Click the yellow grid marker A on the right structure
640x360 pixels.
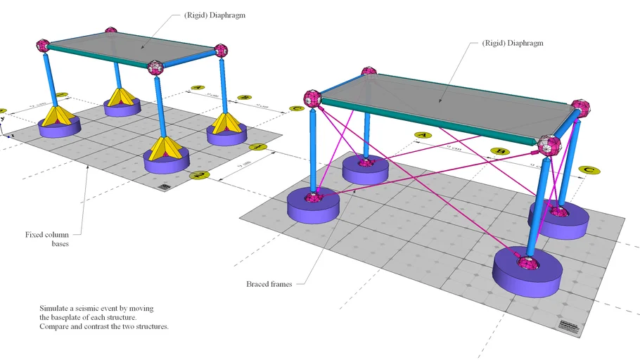click(x=422, y=134)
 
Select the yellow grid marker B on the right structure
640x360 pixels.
click(x=501, y=151)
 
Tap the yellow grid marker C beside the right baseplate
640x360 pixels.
click(x=588, y=169)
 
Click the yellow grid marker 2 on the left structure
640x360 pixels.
click(x=201, y=174)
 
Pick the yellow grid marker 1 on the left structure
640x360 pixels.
click(x=258, y=147)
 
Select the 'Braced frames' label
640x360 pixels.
click(x=269, y=284)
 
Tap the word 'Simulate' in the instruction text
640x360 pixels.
click(x=56, y=309)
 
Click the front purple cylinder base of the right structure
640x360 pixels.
click(x=527, y=273)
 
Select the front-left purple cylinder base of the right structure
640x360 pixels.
click(x=313, y=207)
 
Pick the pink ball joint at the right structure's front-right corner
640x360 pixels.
click(x=550, y=145)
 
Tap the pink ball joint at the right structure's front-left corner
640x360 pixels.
click(x=313, y=99)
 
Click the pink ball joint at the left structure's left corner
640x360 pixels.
click(x=45, y=46)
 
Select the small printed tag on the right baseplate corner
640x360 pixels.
click(x=570, y=328)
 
